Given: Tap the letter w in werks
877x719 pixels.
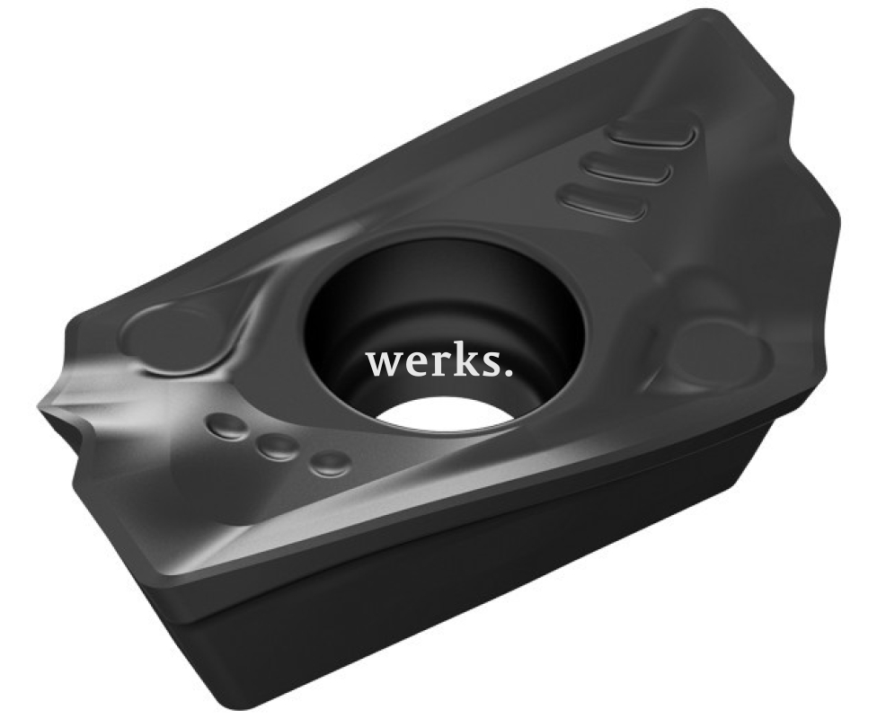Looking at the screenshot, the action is (x=382, y=366).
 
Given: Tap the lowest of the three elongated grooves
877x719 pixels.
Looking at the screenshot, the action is (x=605, y=203).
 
